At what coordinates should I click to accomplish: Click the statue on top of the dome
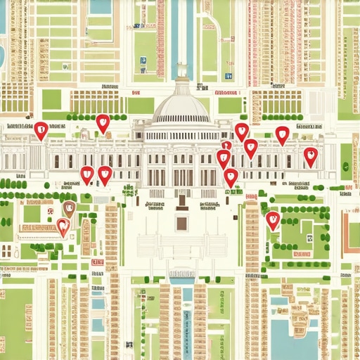(181, 69)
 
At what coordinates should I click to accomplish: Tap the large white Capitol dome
(181, 105)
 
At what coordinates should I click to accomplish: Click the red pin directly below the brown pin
(63, 226)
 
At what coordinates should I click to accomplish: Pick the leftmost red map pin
(41, 129)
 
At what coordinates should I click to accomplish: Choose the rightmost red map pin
(310, 156)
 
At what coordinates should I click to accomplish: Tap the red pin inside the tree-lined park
(273, 220)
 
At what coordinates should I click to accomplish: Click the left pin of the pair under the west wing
(87, 174)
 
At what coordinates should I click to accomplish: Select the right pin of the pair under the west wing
(105, 174)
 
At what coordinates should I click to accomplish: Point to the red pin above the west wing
(103, 123)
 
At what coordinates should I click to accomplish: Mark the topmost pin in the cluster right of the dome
(241, 131)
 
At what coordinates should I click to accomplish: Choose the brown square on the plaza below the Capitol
(181, 224)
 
